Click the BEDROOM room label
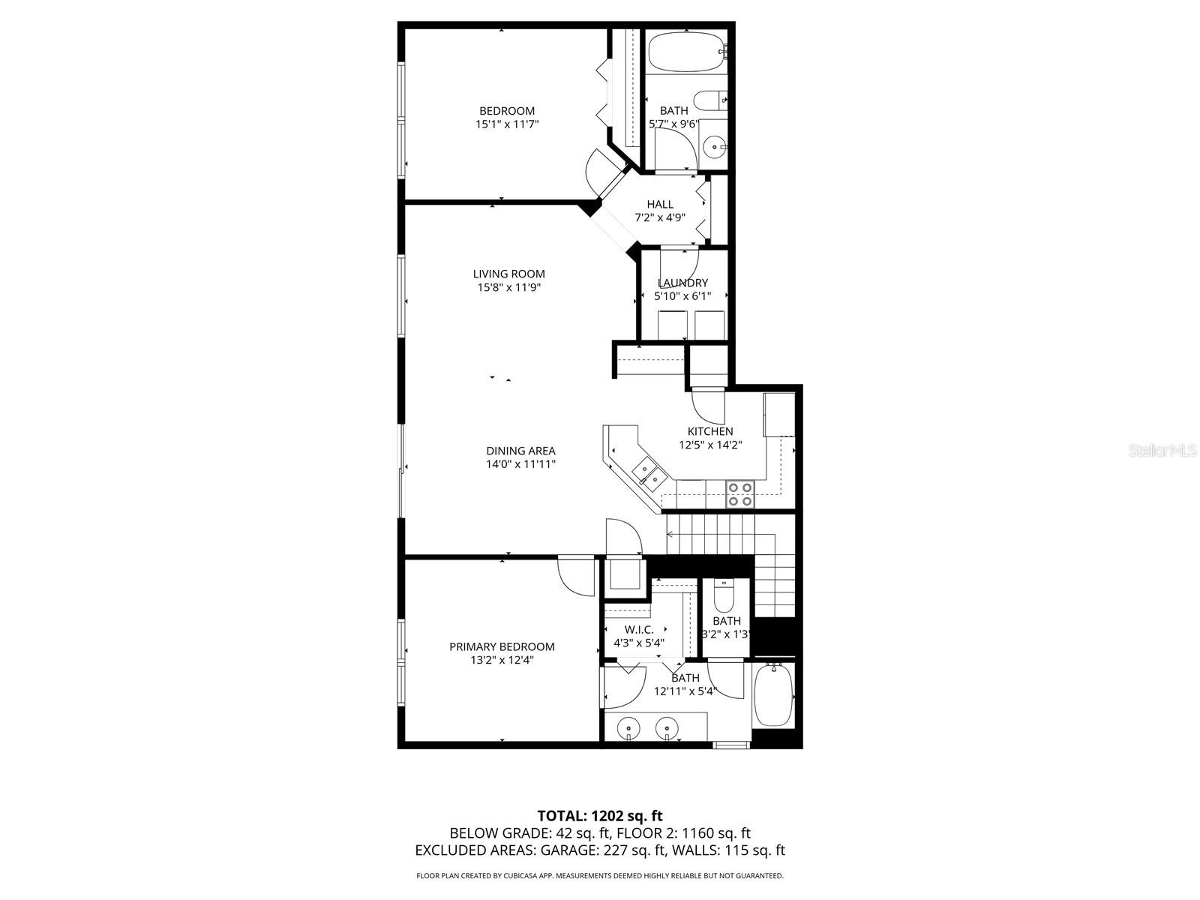(507, 111)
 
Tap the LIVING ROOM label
(508, 274)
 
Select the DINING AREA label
(520, 451)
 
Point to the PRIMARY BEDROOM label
(502, 646)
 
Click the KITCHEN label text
(710, 431)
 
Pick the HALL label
(660, 204)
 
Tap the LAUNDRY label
(682, 283)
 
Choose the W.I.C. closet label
(639, 629)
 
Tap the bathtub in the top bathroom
(686, 51)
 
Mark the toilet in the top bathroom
(709, 100)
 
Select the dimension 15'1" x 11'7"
(507, 124)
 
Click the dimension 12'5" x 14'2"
(710, 445)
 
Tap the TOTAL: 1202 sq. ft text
(600, 815)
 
